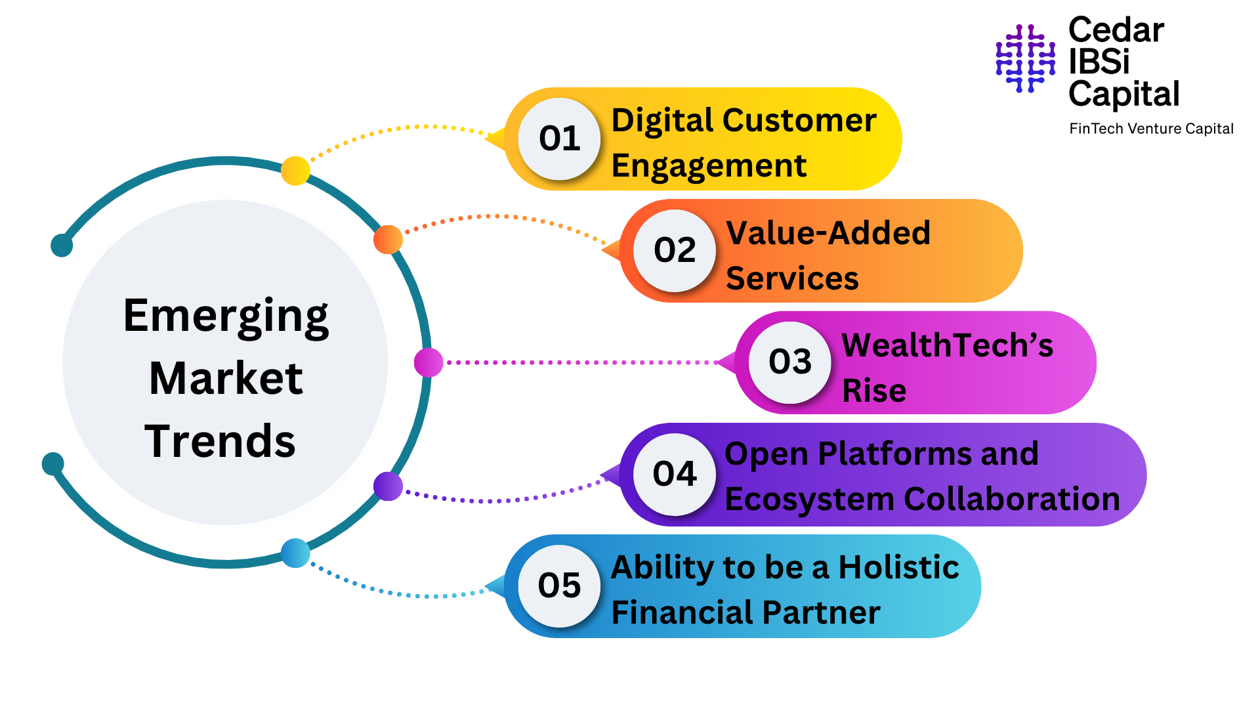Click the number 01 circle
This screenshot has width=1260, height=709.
(559, 139)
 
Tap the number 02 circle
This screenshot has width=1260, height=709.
(675, 251)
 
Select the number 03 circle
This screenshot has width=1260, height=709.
(790, 362)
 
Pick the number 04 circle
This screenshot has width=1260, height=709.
(675, 474)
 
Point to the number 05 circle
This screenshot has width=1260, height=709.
(559, 586)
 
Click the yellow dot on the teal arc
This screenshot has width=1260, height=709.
(295, 171)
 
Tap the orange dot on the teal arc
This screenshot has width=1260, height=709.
(388, 240)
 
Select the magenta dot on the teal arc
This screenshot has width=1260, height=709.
(429, 362)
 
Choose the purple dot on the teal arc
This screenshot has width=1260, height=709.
(388, 486)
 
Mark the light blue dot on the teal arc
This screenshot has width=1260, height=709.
(295, 553)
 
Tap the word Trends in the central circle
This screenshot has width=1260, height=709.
(220, 441)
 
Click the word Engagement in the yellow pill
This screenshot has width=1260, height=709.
(709, 166)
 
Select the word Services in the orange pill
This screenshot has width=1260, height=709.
(792, 278)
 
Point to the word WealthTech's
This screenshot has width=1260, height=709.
(947, 345)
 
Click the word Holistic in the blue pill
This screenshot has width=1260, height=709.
(898, 567)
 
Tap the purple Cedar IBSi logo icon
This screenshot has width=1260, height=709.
(1025, 58)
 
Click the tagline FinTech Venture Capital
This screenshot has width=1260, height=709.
(1151, 129)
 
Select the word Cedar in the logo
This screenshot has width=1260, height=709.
(1116, 31)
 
